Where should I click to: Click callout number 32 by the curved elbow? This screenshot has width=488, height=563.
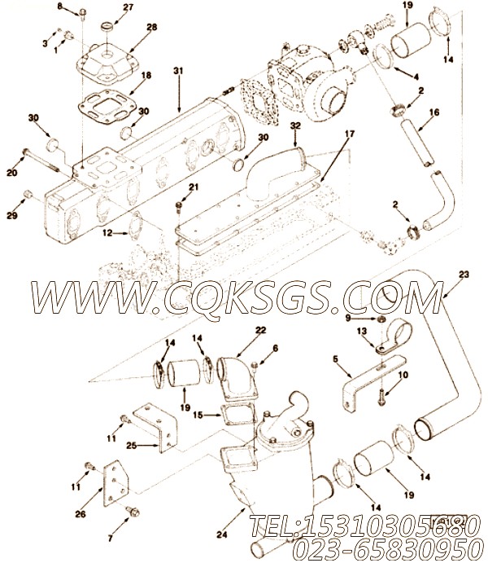[295, 126]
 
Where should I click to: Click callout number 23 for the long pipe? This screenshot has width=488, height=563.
[464, 274]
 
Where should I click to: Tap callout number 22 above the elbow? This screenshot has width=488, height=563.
[237, 331]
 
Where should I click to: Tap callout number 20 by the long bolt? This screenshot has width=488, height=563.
[11, 172]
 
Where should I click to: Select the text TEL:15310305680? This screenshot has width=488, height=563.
[362, 525]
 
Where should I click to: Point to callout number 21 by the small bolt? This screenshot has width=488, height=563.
[193, 187]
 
